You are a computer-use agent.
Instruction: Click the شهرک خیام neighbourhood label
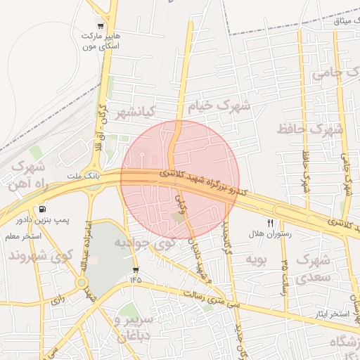219,106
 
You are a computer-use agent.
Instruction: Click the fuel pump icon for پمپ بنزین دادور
43,209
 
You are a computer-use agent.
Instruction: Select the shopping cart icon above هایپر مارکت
103,25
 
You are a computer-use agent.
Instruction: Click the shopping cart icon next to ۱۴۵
135,270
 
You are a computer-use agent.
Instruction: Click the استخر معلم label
23,236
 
